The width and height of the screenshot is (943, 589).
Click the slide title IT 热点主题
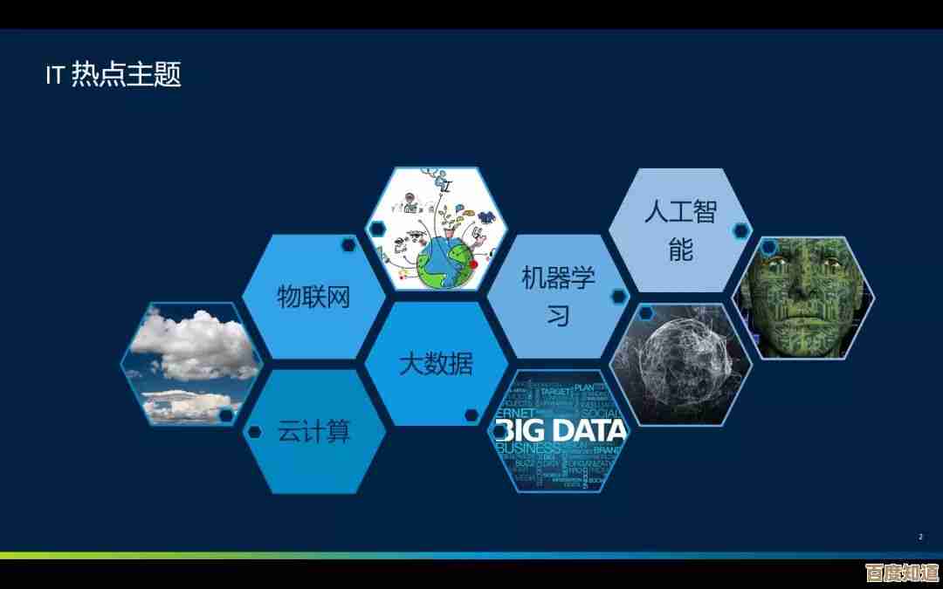[113, 75]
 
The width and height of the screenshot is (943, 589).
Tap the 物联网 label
[313, 297]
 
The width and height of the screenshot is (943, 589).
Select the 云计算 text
[313, 431]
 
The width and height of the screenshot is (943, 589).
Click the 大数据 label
[436, 364]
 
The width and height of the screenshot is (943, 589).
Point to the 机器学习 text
[558, 297]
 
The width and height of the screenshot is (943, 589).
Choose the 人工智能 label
[680, 229]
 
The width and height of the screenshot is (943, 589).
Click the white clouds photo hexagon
[190, 363]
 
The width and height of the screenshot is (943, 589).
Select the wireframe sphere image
[679, 364]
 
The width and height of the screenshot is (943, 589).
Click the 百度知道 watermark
[901, 572]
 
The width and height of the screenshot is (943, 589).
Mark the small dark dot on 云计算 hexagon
[255, 432]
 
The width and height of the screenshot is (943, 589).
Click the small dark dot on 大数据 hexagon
[471, 414]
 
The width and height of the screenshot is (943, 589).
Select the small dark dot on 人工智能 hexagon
[740, 230]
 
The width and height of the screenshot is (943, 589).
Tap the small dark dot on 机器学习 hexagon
[618, 297]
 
